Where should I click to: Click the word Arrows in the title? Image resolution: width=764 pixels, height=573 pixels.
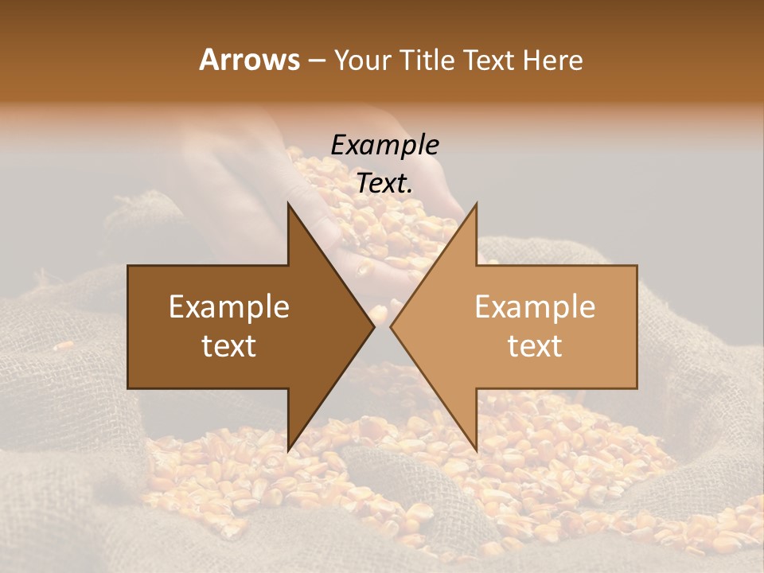(x=250, y=60)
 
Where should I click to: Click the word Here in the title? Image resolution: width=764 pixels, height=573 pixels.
(x=552, y=60)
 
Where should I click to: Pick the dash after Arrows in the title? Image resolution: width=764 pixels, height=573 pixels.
(x=316, y=60)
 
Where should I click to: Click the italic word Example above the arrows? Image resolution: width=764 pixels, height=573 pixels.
(x=384, y=146)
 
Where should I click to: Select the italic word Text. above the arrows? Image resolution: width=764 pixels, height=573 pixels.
(x=384, y=184)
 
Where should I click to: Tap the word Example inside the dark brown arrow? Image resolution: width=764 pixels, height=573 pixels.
(x=229, y=307)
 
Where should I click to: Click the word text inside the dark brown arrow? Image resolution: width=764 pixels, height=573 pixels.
(x=229, y=346)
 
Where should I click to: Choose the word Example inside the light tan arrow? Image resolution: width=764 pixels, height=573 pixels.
(x=535, y=307)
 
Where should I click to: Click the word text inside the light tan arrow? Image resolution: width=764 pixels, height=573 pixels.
(x=535, y=346)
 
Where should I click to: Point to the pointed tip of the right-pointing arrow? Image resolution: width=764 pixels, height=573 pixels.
(x=374, y=326)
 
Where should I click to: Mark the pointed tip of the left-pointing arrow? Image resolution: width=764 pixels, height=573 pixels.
(x=391, y=326)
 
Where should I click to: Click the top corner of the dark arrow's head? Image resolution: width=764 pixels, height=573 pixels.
(x=288, y=204)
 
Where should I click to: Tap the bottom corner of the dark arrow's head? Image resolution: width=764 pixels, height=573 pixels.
(x=288, y=450)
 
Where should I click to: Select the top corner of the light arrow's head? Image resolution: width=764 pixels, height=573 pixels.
(x=476, y=204)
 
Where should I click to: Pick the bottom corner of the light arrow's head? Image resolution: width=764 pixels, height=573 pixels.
(x=476, y=450)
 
